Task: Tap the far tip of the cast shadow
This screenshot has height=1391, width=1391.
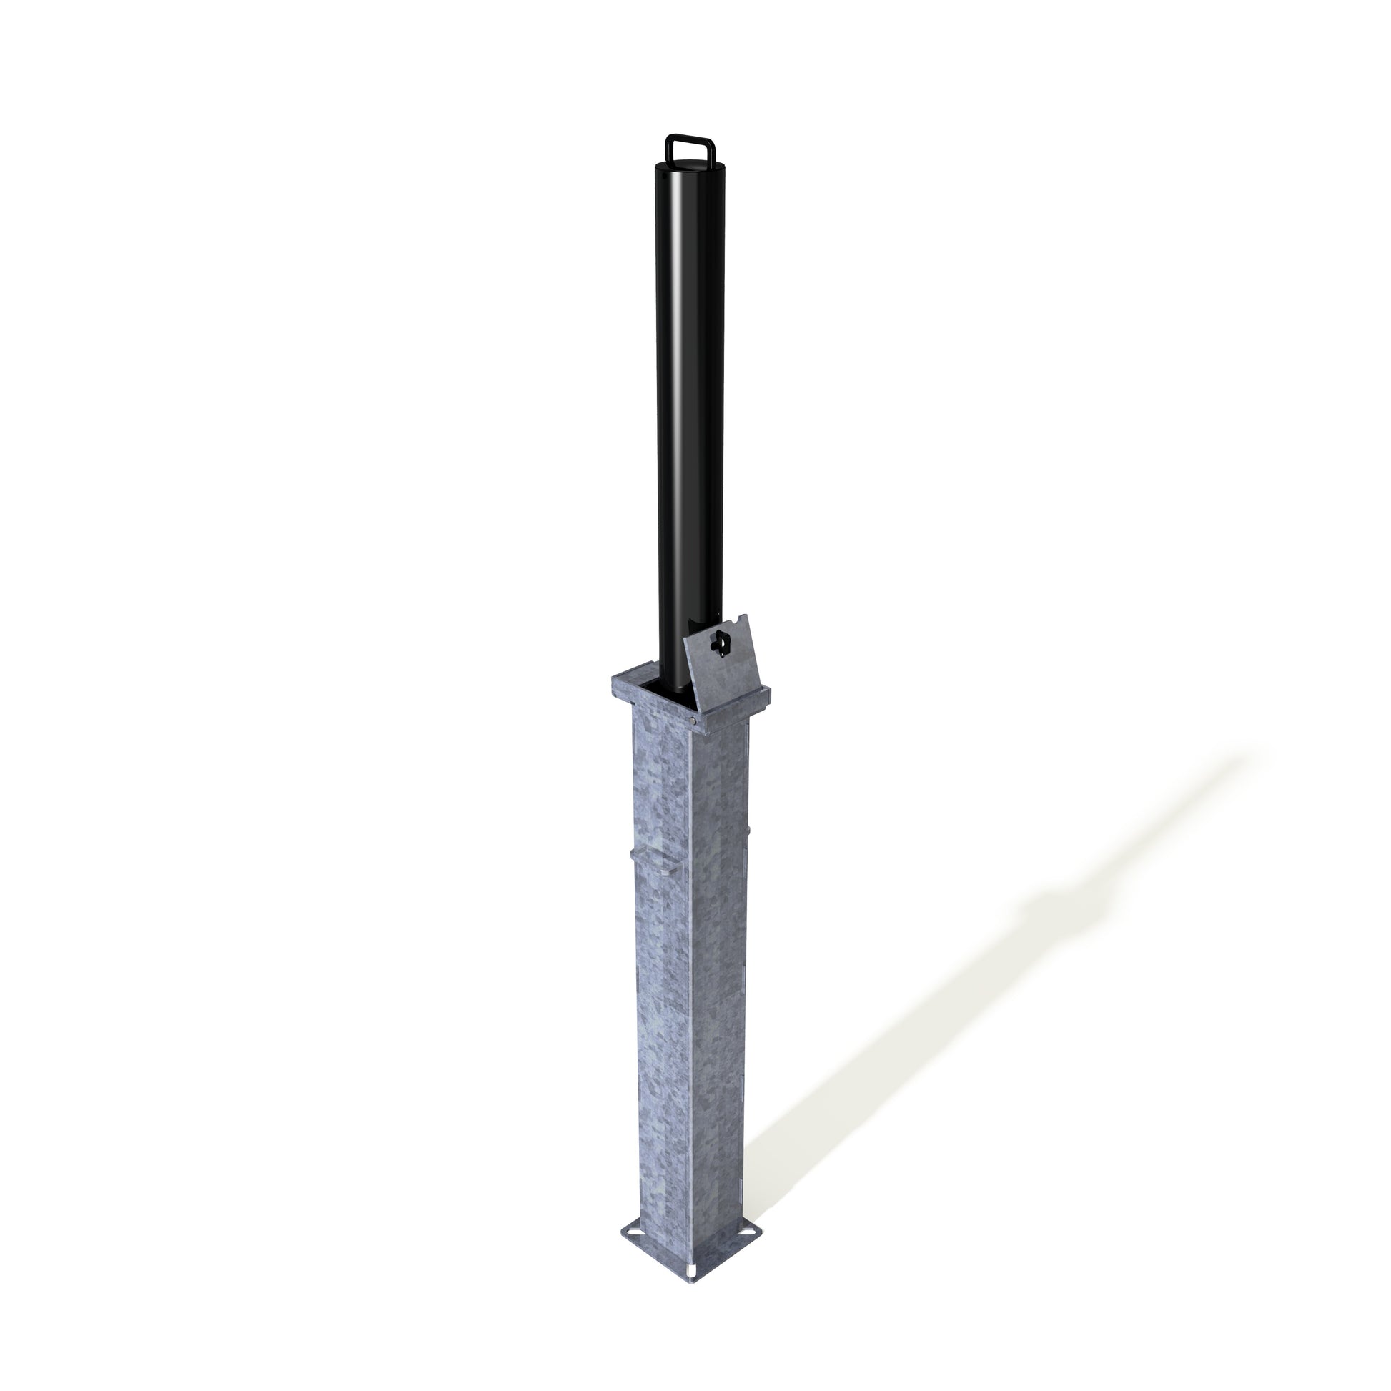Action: point(1257,753)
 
